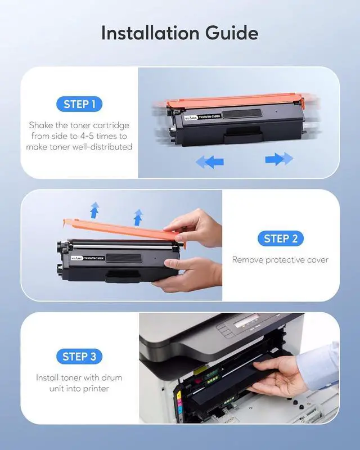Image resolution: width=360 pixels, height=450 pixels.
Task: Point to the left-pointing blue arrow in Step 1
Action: (x=209, y=161)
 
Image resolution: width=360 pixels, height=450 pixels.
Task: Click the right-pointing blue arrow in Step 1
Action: (x=279, y=159)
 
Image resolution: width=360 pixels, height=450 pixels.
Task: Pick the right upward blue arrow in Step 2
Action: (x=137, y=215)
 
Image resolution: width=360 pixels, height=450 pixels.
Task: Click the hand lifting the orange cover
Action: (x=200, y=225)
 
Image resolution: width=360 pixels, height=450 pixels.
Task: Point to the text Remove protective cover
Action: (x=280, y=260)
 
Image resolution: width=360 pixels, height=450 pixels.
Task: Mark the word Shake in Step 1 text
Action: (x=41, y=125)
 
